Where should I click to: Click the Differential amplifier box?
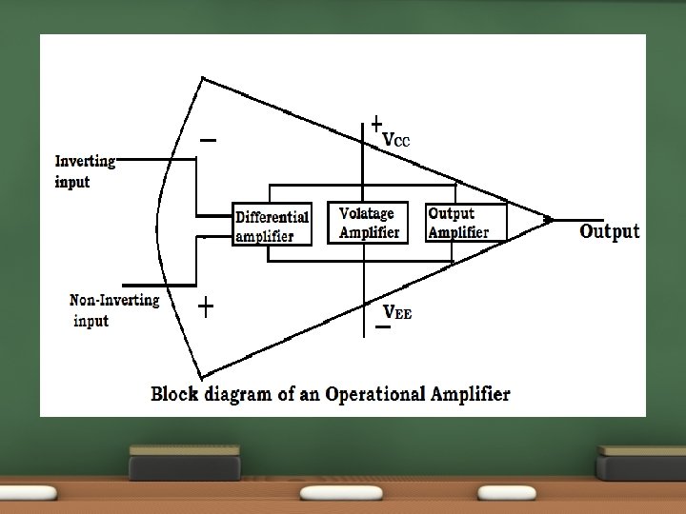(x=272, y=225)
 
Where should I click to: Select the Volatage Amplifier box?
(x=367, y=223)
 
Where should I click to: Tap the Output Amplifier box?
(x=465, y=223)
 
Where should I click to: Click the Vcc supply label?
(x=395, y=139)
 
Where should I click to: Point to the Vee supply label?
(x=397, y=311)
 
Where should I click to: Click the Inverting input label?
(x=85, y=171)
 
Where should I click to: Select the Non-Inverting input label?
(x=113, y=310)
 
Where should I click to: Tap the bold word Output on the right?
(x=610, y=231)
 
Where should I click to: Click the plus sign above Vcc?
(x=376, y=124)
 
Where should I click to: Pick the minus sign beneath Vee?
(x=382, y=327)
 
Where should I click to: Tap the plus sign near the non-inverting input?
(x=205, y=306)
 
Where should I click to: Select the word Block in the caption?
(x=174, y=394)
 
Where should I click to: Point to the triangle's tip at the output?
(x=550, y=219)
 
